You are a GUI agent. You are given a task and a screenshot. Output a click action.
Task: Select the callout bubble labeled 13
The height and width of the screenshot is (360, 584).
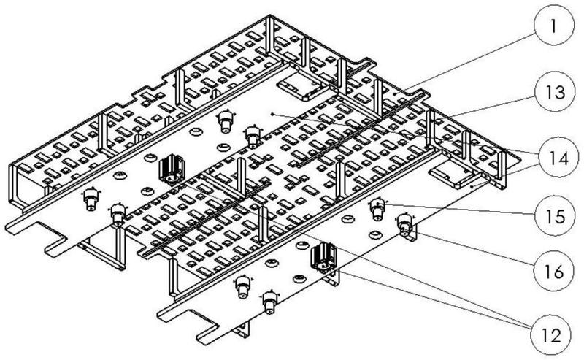[x=555, y=92]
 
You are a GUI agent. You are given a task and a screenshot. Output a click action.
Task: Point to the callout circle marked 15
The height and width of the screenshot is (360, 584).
[x=555, y=215]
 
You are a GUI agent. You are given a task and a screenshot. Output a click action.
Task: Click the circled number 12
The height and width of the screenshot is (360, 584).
[x=551, y=334]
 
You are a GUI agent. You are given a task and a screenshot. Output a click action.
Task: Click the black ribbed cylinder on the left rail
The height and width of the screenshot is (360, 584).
[x=172, y=170]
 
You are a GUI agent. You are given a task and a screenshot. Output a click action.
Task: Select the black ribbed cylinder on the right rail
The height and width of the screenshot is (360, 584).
[x=323, y=257]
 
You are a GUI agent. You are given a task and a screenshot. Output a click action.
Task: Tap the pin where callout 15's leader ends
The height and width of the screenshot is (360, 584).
[x=377, y=209]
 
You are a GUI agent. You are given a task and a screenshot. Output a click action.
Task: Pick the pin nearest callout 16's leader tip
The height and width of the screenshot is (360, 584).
[x=405, y=225]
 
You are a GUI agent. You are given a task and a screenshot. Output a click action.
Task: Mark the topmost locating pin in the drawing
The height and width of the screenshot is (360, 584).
[x=226, y=120]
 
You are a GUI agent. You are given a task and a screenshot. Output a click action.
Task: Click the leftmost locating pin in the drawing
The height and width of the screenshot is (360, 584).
[x=91, y=199]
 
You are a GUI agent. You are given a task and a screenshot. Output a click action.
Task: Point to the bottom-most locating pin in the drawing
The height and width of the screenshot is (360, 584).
[x=269, y=301]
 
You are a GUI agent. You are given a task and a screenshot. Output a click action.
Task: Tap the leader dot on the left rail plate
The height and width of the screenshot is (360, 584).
[x=272, y=113]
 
